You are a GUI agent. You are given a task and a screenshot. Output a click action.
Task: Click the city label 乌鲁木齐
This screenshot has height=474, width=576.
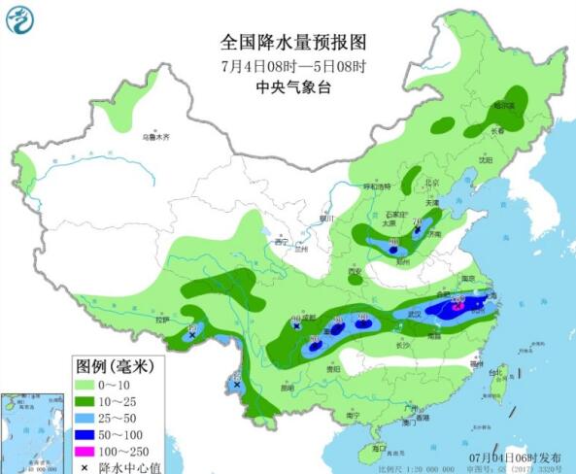click(x=156, y=138)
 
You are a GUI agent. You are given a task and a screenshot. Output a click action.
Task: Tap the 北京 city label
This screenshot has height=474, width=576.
click(x=432, y=182)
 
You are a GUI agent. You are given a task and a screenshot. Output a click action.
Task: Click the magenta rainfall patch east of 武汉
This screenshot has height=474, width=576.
click(x=457, y=308)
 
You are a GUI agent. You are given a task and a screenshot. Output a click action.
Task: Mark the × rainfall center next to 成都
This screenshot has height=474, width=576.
click(x=296, y=327)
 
